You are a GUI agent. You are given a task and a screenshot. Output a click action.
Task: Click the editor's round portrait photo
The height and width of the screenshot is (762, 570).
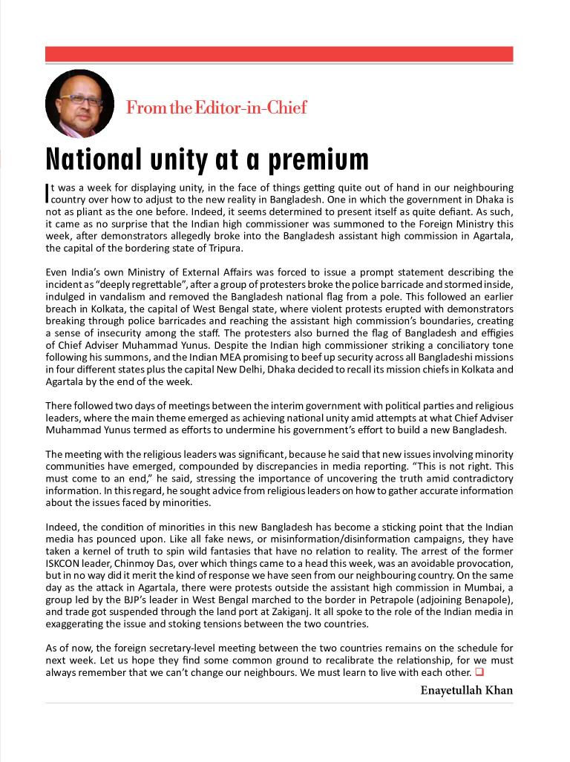tap(79, 104)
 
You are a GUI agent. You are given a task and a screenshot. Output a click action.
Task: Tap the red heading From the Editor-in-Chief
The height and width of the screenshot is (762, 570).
tap(216, 108)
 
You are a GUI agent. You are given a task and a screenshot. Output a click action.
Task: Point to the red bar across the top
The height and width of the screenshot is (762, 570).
tap(279, 54)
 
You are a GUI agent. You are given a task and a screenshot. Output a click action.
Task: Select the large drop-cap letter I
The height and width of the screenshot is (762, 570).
tap(47, 193)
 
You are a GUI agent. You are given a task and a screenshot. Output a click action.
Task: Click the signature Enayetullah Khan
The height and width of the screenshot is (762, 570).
tap(466, 691)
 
